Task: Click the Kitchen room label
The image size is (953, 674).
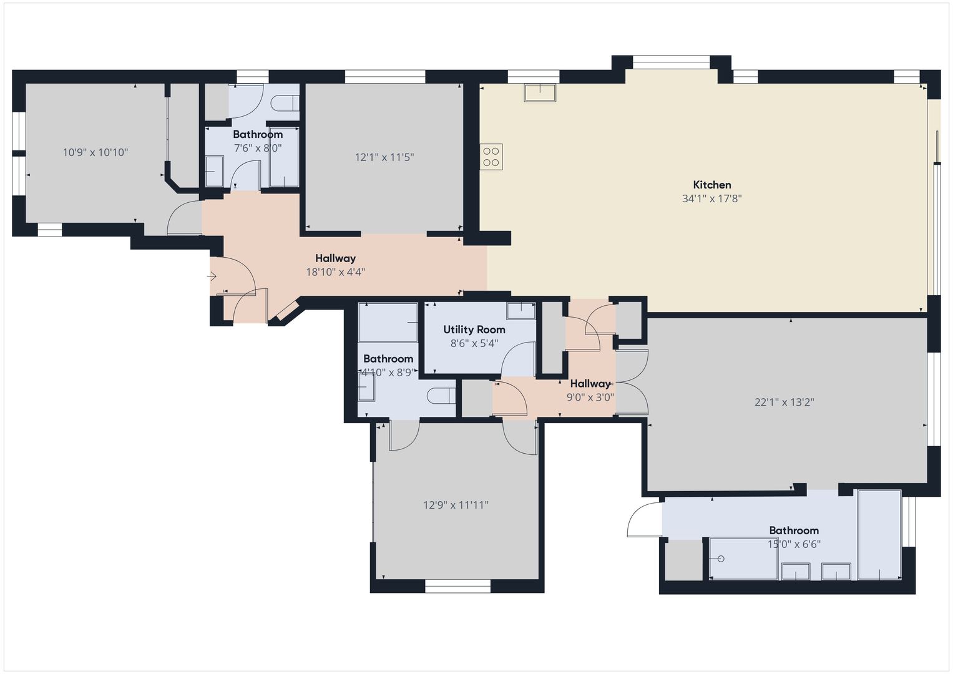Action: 711,185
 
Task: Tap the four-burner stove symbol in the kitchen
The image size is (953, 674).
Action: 491,157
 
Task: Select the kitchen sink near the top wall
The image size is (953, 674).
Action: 540,93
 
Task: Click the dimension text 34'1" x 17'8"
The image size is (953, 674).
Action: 711,198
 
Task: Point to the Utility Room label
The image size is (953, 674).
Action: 474,330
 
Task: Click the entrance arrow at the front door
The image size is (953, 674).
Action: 212,276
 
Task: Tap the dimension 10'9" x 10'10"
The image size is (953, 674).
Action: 95,152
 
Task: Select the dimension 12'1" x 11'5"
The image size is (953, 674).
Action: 384,157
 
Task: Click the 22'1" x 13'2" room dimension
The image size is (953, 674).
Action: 784,402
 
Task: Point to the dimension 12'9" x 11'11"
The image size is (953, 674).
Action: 456,505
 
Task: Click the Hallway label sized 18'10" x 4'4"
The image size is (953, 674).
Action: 335,258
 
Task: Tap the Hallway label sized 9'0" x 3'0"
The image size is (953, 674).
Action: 590,383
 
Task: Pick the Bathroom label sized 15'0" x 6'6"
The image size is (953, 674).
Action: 794,530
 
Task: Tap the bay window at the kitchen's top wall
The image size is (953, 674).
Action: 672,62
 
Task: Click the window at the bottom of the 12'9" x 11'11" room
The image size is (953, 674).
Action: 458,586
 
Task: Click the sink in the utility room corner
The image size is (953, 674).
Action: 520,311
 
